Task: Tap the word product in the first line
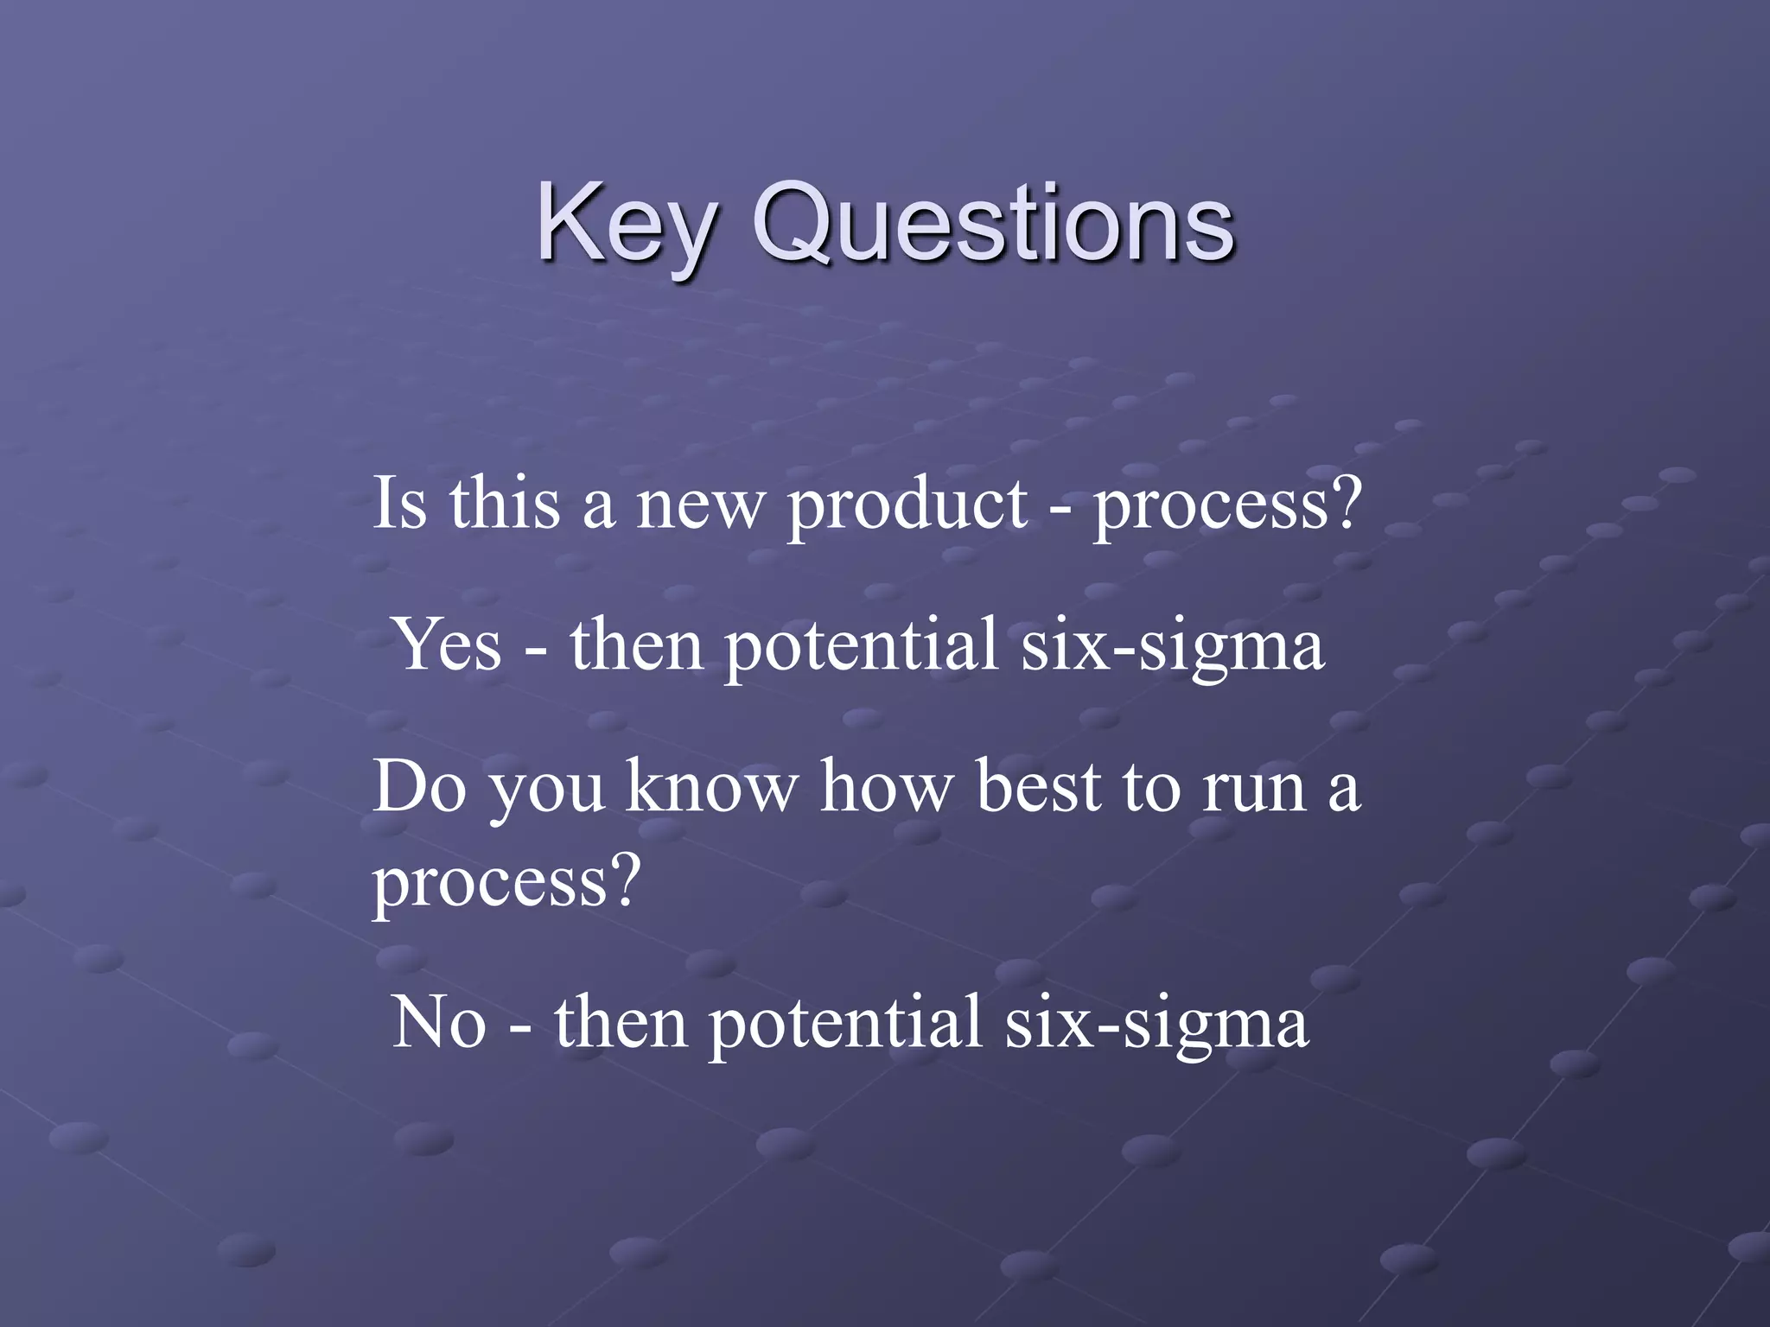point(907,505)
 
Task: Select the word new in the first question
point(700,506)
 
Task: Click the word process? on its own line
point(506,883)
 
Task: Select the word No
point(439,1022)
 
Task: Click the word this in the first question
point(504,505)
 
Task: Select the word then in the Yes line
point(636,646)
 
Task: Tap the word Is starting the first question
point(399,505)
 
